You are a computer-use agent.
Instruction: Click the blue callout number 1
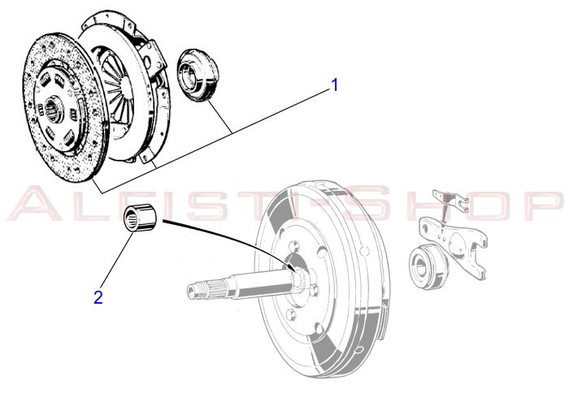pyautogui.click(x=333, y=84)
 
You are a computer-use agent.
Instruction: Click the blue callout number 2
pyautogui.click(x=98, y=297)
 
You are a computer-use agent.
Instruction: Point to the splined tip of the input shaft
pyautogui.click(x=199, y=288)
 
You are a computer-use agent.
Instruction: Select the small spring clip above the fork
pyautogui.click(x=446, y=200)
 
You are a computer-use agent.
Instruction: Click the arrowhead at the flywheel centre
pyautogui.click(x=290, y=261)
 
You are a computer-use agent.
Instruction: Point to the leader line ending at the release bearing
pyautogui.click(x=219, y=117)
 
